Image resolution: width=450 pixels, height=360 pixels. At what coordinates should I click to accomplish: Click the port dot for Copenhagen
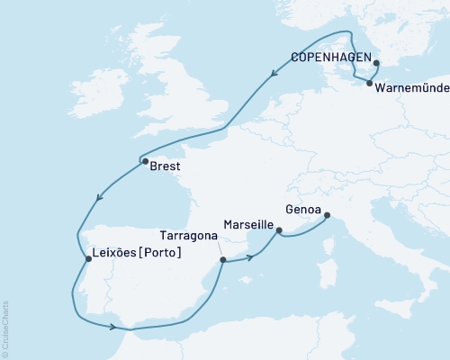376,63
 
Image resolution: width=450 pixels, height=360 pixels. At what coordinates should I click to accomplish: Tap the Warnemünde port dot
369,84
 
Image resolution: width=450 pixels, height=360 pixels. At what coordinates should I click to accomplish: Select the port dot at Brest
144,162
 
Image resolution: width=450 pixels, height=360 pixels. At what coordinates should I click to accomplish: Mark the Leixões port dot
87,259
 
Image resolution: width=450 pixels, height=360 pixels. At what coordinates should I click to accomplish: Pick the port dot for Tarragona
222,260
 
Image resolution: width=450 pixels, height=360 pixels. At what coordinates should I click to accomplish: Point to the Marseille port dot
279,231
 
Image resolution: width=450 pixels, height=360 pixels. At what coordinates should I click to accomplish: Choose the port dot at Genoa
327,215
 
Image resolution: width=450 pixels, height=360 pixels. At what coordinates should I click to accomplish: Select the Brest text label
166,167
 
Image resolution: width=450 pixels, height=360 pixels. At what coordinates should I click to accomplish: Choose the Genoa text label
301,208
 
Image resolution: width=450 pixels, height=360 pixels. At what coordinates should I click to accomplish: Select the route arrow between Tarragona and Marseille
249,256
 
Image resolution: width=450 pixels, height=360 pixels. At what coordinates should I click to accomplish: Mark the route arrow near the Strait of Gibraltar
112,328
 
